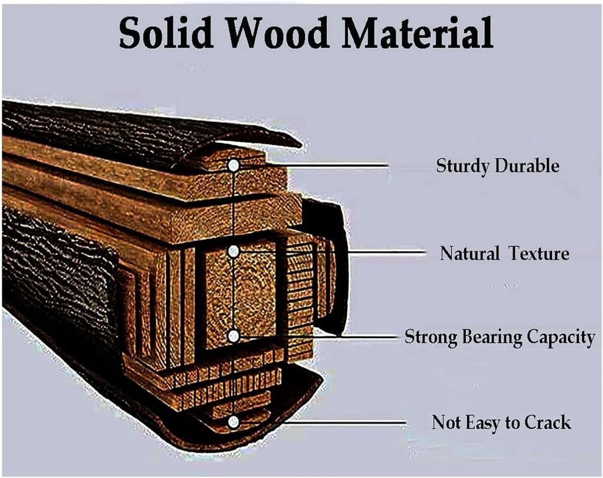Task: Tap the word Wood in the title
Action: (277, 33)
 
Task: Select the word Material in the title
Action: (417, 33)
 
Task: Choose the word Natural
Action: (470, 253)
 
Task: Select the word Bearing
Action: (492, 337)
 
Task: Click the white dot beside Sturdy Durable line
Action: (234, 166)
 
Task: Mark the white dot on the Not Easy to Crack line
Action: (233, 422)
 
